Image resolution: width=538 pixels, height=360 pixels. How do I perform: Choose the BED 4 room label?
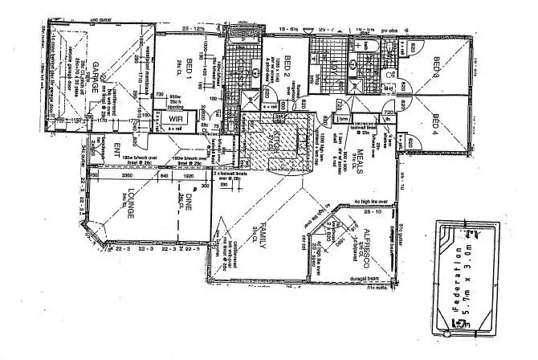[436, 127]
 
